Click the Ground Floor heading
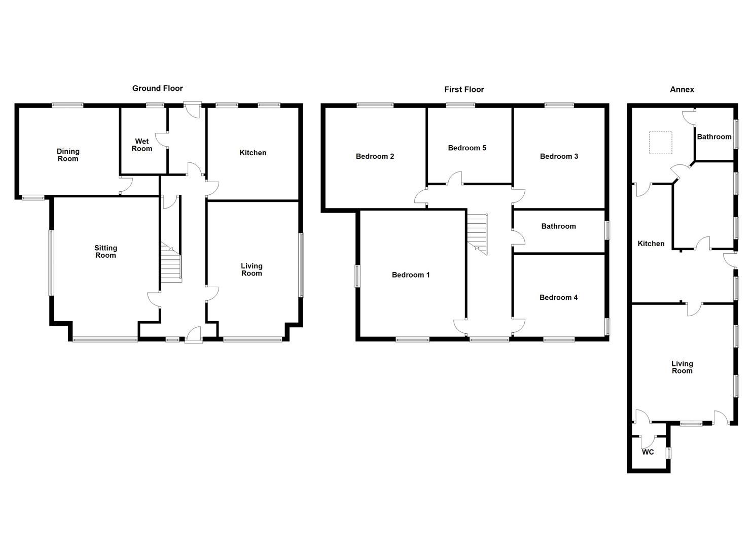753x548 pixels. click(x=157, y=88)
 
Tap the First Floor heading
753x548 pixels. click(x=464, y=89)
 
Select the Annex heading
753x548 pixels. click(x=682, y=89)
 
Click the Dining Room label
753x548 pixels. click(x=68, y=155)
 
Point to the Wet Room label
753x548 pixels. click(x=142, y=145)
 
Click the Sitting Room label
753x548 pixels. click(x=105, y=252)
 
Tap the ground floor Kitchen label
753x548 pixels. click(x=253, y=153)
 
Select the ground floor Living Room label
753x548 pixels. click(x=252, y=269)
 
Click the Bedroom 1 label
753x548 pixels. click(x=411, y=275)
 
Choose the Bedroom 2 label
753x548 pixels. click(x=375, y=156)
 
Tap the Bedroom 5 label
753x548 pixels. click(x=467, y=148)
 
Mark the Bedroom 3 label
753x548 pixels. click(x=559, y=156)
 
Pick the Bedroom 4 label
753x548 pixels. click(x=558, y=297)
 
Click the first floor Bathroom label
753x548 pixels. click(x=558, y=226)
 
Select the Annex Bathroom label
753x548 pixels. click(x=714, y=136)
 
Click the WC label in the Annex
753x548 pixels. click(x=648, y=452)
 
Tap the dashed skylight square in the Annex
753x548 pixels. click(x=661, y=143)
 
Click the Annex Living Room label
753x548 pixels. click(x=682, y=367)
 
